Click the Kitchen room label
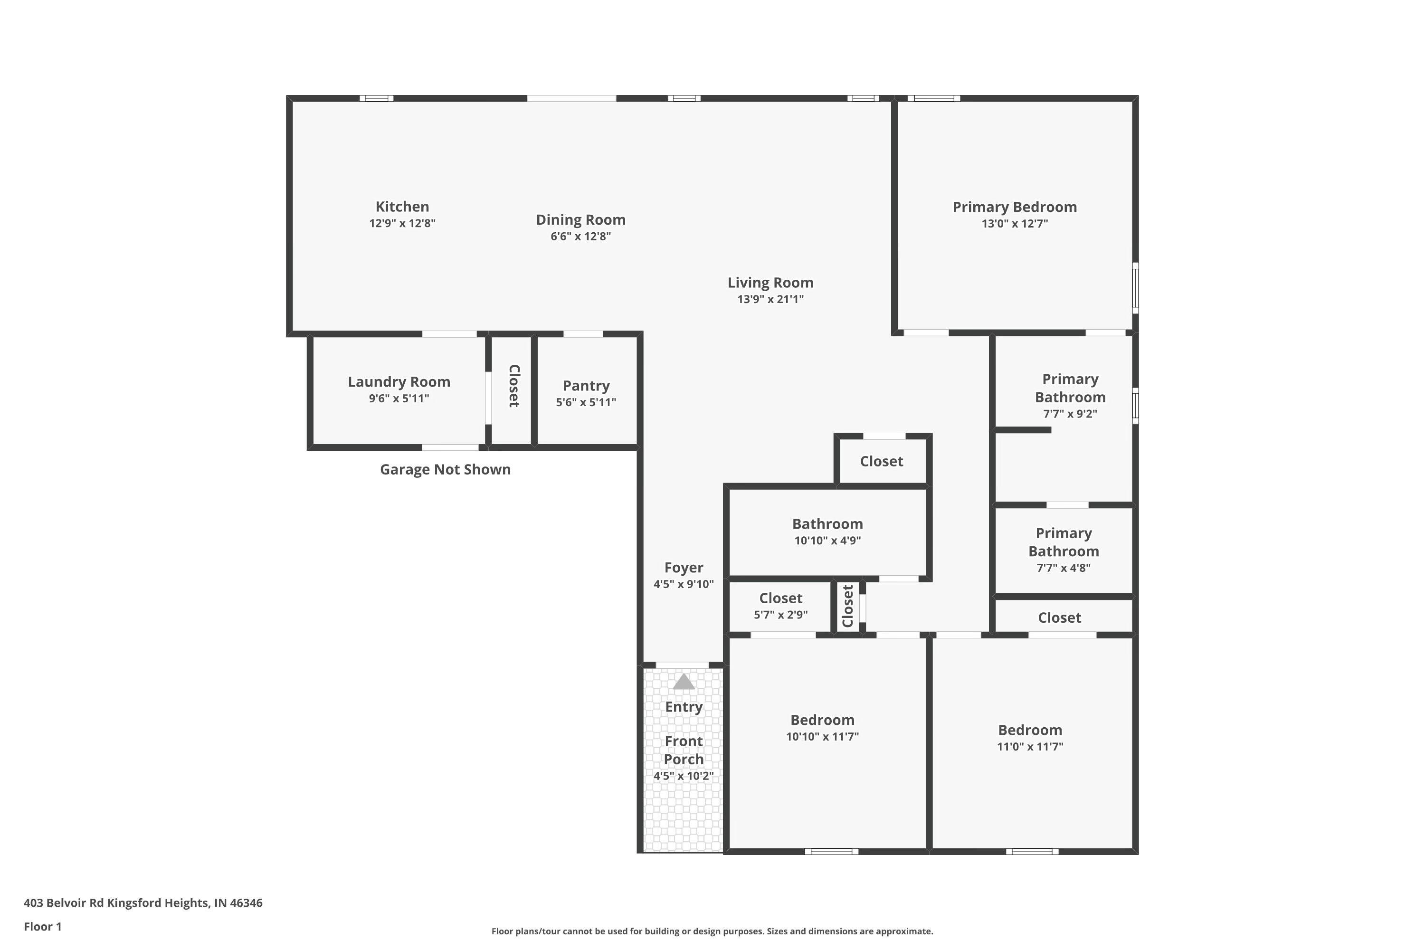402,207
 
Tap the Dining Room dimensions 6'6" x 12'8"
580,236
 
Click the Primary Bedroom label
1014,207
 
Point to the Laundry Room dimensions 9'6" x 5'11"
399,399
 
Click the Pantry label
585,386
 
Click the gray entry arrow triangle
684,682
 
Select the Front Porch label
684,750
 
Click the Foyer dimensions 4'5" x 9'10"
684,585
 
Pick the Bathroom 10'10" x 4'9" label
827,524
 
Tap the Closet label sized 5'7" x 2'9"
780,598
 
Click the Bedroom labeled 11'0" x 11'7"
1029,730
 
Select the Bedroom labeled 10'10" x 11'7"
822,721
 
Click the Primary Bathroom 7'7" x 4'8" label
1064,542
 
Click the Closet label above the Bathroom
881,462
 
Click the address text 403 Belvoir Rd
142,903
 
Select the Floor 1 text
42,926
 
